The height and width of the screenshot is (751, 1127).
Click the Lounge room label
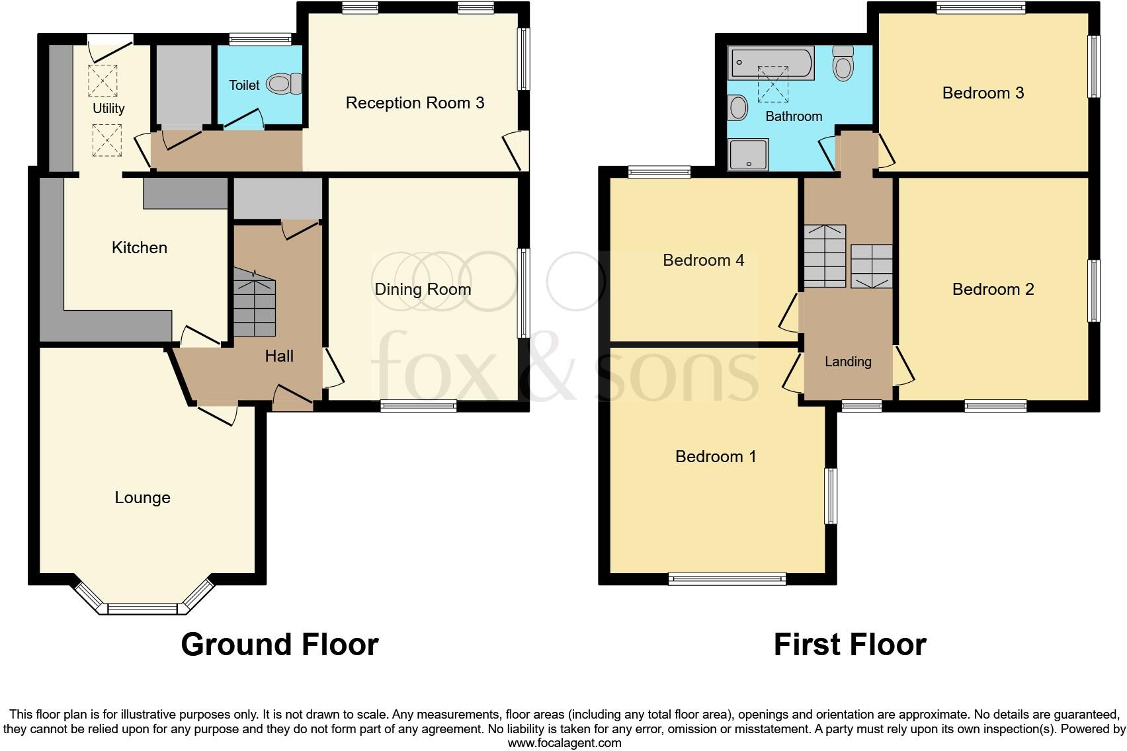tap(142, 497)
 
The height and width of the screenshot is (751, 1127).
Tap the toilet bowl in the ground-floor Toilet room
tap(283, 84)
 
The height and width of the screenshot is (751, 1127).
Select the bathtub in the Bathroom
tap(771, 63)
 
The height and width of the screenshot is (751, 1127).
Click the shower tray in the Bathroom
tap(748, 155)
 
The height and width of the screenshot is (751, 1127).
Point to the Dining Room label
tap(423, 289)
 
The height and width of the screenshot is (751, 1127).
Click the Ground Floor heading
tap(279, 644)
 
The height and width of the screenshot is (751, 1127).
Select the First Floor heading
tap(849, 644)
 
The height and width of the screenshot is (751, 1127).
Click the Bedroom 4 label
tap(703, 260)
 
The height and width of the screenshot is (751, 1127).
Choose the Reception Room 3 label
tap(415, 102)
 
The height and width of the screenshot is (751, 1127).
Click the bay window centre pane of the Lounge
tap(144, 608)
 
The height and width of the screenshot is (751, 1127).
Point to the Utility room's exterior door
tap(110, 40)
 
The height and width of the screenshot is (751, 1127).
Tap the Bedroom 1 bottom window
tap(727, 579)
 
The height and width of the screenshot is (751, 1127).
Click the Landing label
tap(847, 362)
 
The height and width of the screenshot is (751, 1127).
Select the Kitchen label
tap(139, 247)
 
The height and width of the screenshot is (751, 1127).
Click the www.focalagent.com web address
tap(563, 743)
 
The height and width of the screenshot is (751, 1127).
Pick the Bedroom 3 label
tap(983, 93)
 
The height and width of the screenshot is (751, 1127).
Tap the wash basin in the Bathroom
tap(738, 107)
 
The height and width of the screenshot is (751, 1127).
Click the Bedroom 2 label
tap(993, 289)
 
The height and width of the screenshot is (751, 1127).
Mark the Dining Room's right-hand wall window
tap(523, 293)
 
